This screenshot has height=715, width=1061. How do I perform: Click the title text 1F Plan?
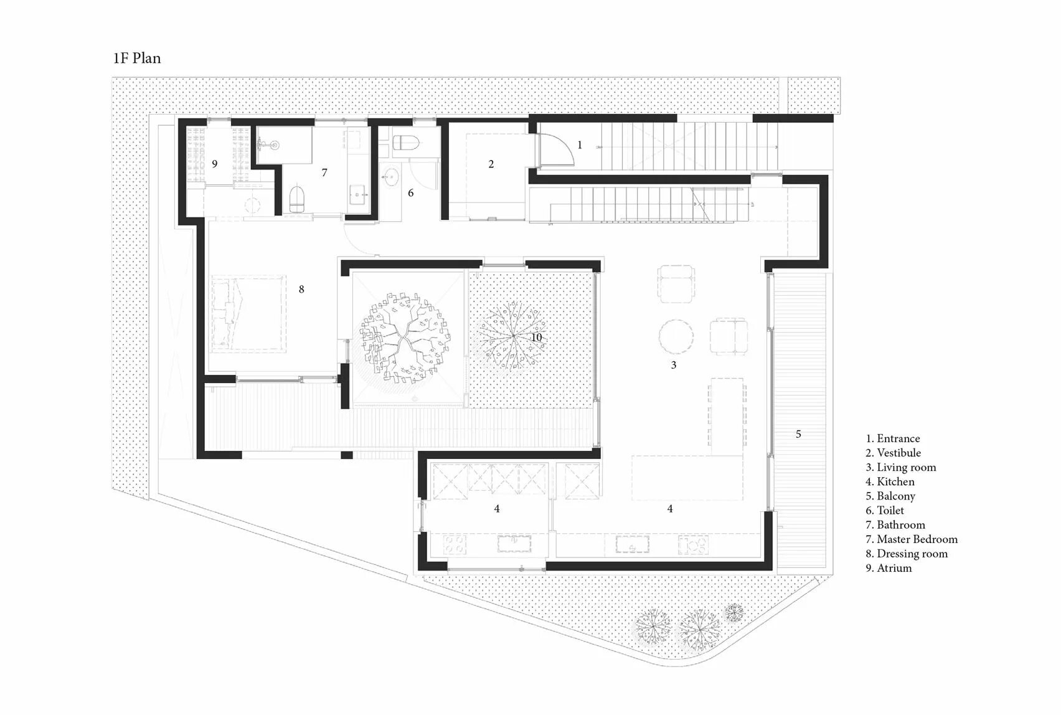point(137,59)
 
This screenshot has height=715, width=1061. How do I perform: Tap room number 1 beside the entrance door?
point(579,145)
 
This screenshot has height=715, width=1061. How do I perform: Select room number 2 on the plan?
point(491,164)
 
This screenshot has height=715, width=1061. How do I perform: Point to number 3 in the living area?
point(674,365)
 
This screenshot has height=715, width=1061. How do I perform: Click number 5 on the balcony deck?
point(798,434)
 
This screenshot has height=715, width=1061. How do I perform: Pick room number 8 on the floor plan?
point(301,289)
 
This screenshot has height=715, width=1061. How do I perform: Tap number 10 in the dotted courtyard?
point(536,338)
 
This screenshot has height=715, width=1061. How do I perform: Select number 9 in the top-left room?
point(215,164)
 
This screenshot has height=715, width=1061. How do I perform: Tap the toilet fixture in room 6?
point(406,143)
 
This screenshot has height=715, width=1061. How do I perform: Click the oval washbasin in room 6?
point(391,178)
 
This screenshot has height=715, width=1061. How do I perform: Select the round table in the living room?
point(676,336)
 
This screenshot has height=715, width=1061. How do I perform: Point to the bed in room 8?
point(248,314)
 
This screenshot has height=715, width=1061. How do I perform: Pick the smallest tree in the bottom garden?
point(734,613)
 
